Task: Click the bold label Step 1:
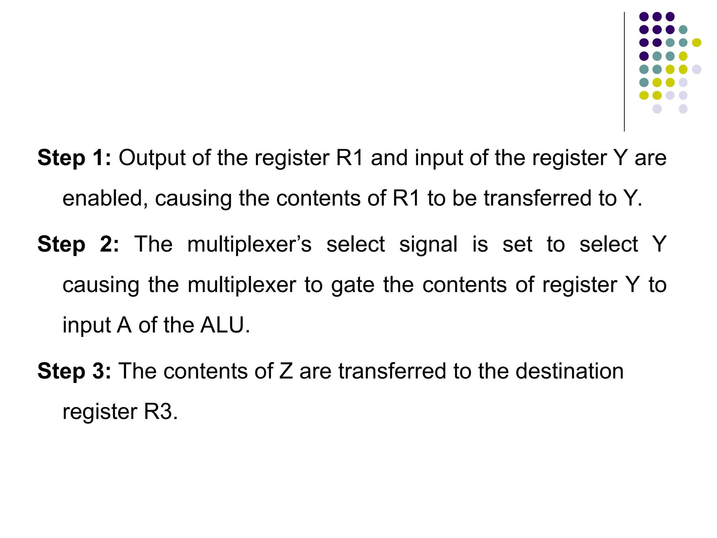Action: pos(74,158)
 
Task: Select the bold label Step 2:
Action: pos(78,244)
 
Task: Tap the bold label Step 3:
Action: pos(74,371)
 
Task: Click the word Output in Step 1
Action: pos(152,158)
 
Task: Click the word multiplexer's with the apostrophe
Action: pos(249,244)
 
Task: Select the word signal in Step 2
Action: pos(428,245)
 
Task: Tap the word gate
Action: pos(353,285)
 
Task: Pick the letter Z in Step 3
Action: pos(286,371)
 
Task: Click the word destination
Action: pos(570,371)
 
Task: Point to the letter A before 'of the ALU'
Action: pos(124,325)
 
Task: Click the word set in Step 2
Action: pos(517,244)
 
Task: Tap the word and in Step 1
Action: pos(389,158)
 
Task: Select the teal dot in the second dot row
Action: pos(683,29)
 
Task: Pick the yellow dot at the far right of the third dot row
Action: pos(696,43)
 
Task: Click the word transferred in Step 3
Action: pos(392,371)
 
